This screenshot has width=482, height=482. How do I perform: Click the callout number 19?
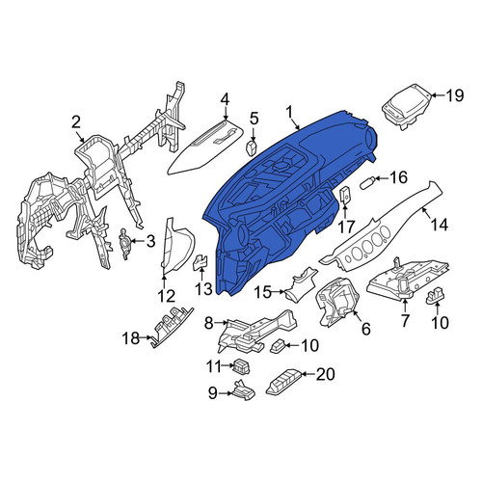click(454, 95)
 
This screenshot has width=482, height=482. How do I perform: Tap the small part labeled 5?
click(252, 147)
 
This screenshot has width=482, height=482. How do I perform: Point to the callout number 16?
click(398, 177)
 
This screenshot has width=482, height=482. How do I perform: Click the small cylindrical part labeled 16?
click(368, 183)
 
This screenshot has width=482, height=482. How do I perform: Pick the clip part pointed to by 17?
click(344, 195)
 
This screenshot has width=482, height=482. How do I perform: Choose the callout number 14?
click(440, 225)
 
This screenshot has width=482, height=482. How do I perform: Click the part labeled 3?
click(123, 244)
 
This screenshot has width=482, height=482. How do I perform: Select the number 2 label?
click(76, 122)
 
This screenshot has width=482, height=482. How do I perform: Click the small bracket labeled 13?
click(201, 262)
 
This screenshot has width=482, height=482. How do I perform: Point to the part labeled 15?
click(301, 282)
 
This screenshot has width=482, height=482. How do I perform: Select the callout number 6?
click(366, 329)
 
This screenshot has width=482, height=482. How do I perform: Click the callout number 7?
click(405, 320)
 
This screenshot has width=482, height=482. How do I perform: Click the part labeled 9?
click(244, 390)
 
